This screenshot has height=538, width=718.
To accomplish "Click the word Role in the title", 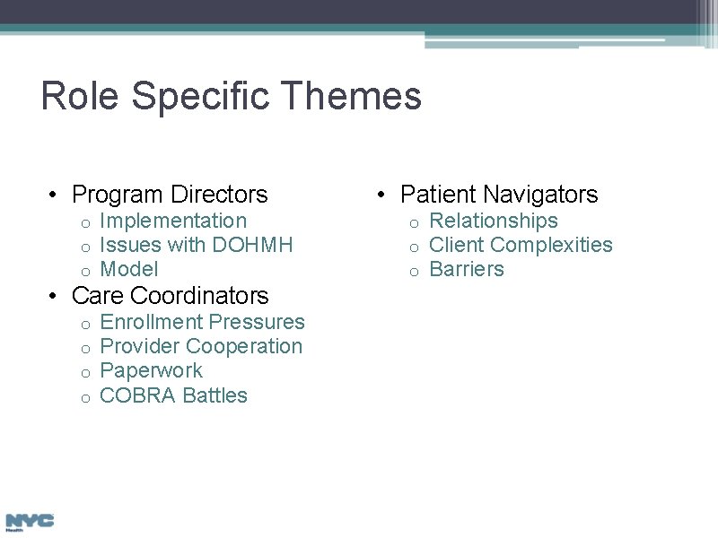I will (x=79, y=96).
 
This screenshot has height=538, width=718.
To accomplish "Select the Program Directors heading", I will (x=170, y=195).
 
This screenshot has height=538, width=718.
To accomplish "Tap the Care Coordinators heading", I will (x=170, y=296).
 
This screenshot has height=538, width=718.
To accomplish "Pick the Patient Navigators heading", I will (x=499, y=195).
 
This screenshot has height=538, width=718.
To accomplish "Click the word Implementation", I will (x=173, y=221).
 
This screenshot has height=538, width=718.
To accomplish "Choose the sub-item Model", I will (x=129, y=269).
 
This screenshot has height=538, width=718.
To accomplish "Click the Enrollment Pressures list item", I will (x=203, y=322).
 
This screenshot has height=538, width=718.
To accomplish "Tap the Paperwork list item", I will (x=152, y=370).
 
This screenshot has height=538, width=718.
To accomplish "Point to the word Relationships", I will (x=494, y=221).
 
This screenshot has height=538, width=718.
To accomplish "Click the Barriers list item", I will (x=467, y=269).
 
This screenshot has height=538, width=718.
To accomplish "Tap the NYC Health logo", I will (x=30, y=522).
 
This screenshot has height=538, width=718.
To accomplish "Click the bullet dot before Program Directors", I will (x=55, y=195).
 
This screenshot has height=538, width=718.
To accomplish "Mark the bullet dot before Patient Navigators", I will (x=383, y=195).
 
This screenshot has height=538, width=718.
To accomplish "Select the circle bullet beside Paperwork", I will (x=84, y=372).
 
